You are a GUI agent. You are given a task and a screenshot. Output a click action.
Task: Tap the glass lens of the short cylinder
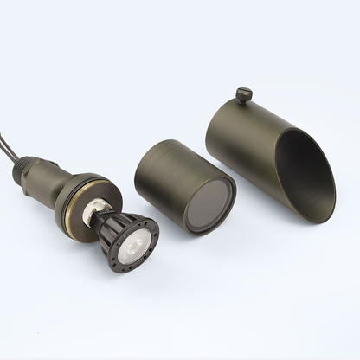209,205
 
